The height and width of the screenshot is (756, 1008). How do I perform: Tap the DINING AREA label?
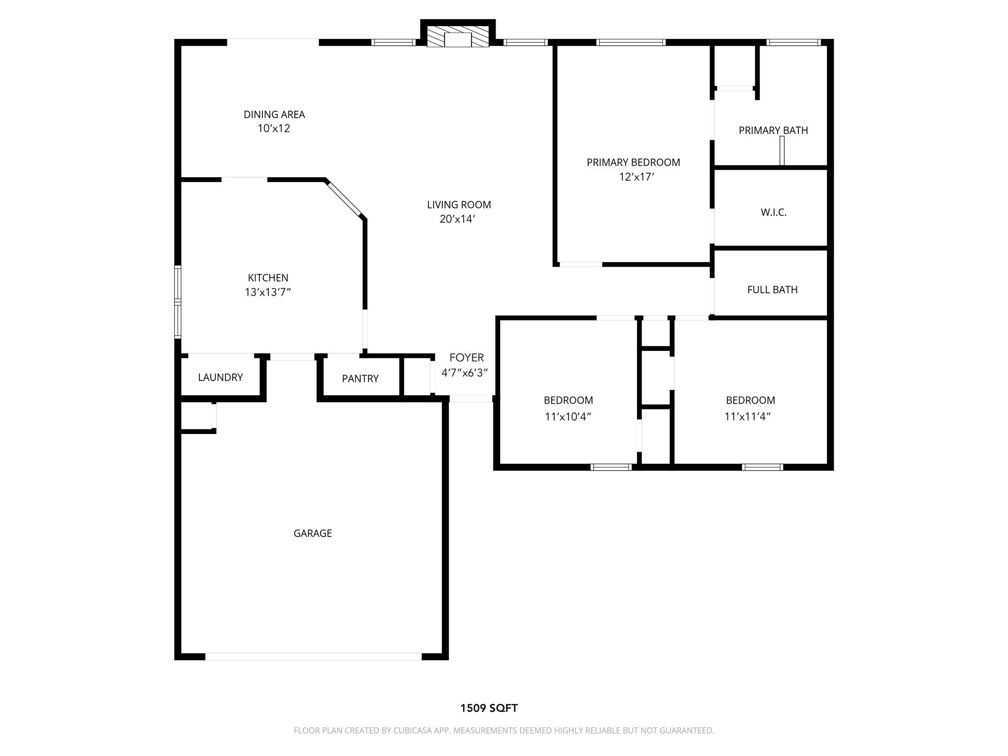274,115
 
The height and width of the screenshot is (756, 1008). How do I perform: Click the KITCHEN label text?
268,278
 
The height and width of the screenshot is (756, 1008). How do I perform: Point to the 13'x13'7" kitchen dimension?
268,292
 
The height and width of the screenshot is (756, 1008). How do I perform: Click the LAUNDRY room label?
220,378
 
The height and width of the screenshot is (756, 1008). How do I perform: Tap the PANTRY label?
360,379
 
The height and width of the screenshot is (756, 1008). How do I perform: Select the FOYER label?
466,358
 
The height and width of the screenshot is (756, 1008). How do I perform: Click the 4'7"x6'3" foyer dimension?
464,373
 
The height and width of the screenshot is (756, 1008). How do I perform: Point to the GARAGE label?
313,534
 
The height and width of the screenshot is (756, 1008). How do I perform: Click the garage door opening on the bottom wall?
313,656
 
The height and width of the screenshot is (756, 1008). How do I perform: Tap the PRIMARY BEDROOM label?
633,162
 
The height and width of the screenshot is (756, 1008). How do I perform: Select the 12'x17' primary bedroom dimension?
636,177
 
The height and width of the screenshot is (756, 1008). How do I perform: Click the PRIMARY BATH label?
773,130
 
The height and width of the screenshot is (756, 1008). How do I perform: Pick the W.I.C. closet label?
773,213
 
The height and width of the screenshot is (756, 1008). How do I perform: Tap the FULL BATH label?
772,290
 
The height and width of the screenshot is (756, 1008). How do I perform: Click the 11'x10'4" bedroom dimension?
567,417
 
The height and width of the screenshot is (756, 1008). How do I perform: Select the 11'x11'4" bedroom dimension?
747,417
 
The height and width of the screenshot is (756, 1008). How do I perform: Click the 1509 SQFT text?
488,708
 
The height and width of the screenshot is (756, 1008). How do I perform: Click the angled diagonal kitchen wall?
345,199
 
